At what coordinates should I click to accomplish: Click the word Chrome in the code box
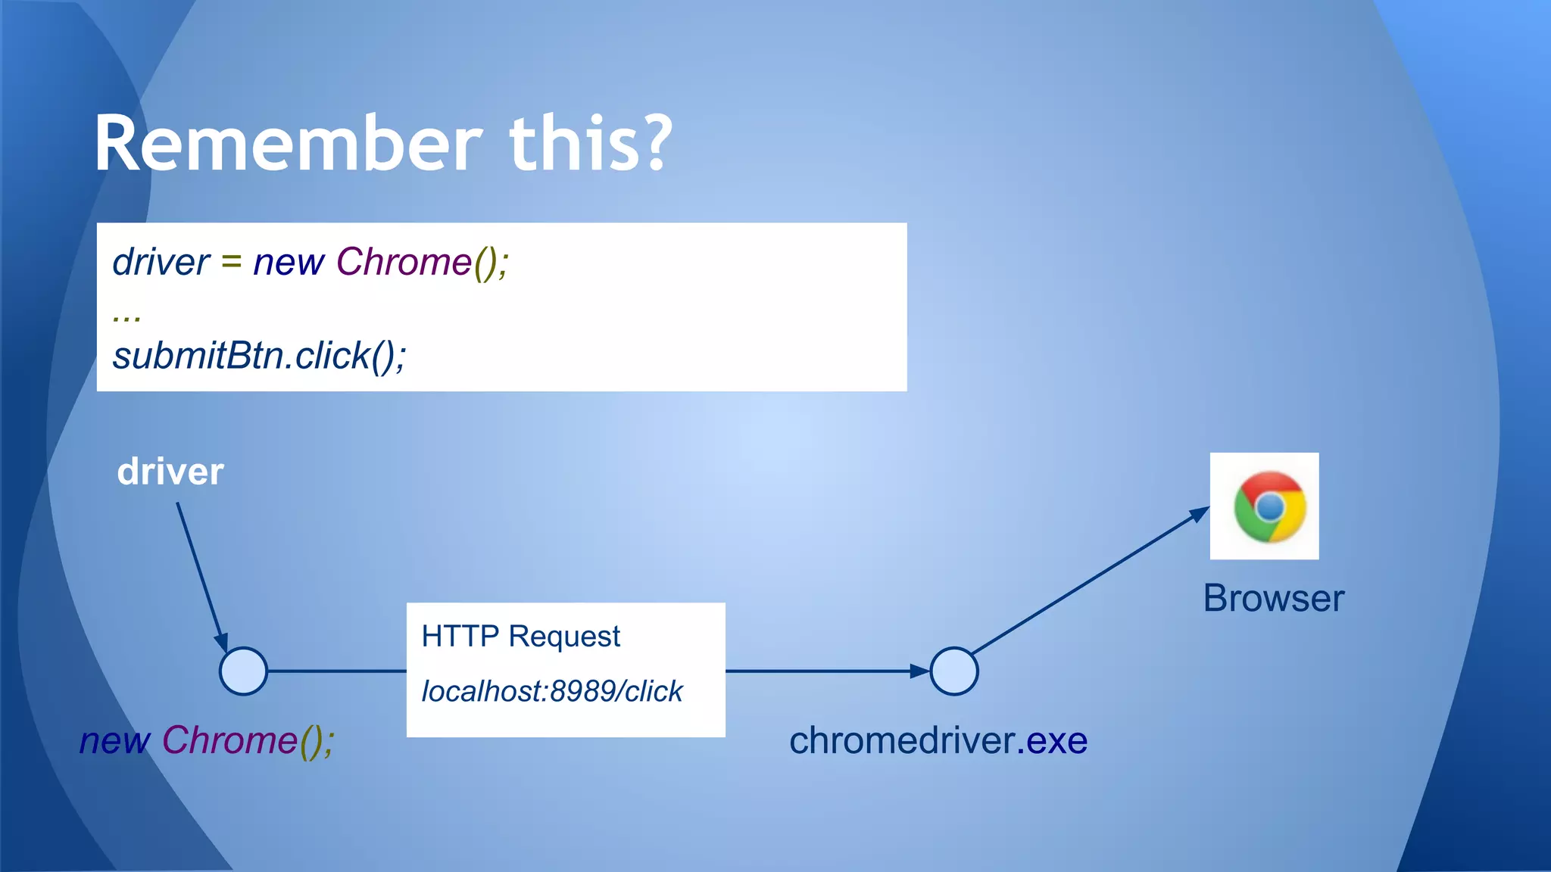click(x=404, y=263)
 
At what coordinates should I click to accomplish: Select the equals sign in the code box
click(x=231, y=262)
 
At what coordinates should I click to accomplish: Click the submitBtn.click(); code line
click(x=259, y=356)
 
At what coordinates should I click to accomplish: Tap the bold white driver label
click(x=170, y=472)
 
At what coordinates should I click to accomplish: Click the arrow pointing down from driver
click(x=201, y=575)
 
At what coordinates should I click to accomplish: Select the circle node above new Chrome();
click(x=243, y=671)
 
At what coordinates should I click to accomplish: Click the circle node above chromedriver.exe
click(x=953, y=671)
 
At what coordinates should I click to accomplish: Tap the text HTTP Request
click(x=520, y=636)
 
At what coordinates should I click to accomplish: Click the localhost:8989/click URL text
click(x=552, y=691)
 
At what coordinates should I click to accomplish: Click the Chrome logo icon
click(x=1269, y=506)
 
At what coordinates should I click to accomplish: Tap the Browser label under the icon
click(x=1274, y=598)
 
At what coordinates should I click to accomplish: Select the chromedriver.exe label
click(x=938, y=740)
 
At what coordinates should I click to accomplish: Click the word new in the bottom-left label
click(x=115, y=740)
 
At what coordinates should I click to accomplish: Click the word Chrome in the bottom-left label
click(x=229, y=740)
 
